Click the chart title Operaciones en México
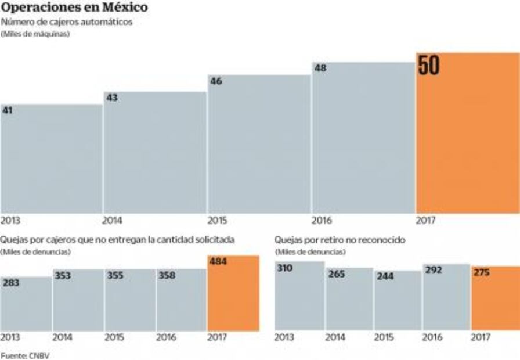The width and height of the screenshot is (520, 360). pos(74,8)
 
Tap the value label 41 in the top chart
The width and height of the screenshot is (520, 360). pos(8,110)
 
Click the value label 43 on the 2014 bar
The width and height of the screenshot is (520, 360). pos(111,98)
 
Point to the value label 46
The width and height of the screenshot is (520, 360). pos(216,81)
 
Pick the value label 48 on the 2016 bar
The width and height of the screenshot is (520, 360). pos(320,68)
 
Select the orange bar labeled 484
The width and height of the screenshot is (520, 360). pos(233,293)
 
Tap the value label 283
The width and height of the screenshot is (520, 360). pos(12,283)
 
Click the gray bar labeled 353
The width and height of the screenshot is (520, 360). pos(78,300)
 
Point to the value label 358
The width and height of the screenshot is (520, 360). pos(168,276)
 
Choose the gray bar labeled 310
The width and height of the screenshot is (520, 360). pos(299,296)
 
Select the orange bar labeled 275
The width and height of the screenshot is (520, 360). pos(495,298)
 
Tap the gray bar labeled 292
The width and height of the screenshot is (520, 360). pos(445,297)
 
